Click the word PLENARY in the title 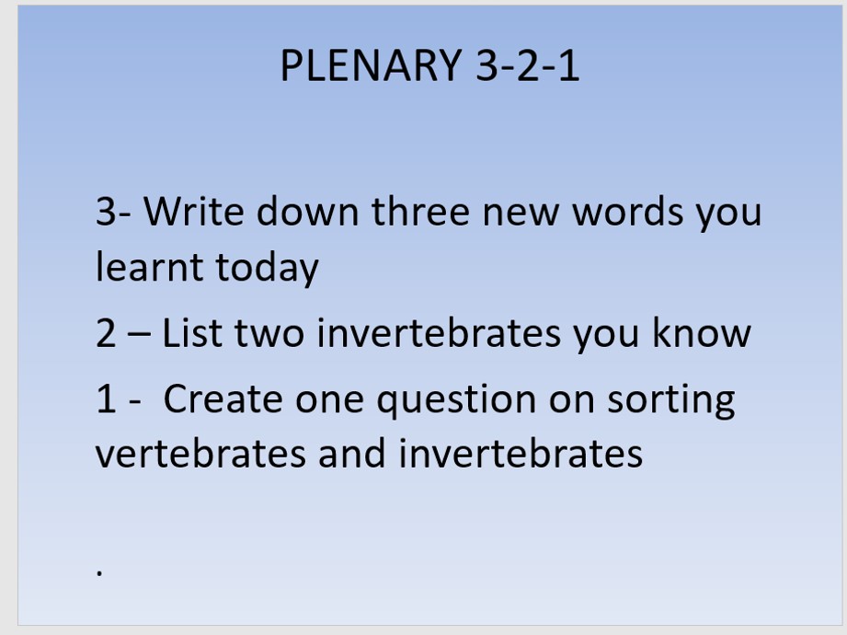372,65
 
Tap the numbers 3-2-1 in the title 528,65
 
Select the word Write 194,211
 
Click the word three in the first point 420,211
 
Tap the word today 268,269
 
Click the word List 192,332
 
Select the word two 269,334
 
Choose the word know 701,332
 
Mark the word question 456,400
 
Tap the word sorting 670,400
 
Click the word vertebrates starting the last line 200,453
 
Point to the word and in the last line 351,453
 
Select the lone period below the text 99,572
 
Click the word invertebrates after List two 438,332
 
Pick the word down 307,211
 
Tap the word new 521,214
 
